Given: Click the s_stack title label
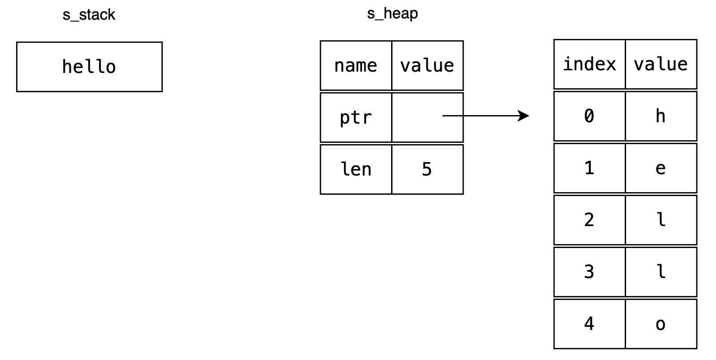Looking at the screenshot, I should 89,15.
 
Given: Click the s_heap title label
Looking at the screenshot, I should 392,13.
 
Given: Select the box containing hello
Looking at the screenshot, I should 89,67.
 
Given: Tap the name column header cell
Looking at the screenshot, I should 356,65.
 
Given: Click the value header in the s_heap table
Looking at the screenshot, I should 427,65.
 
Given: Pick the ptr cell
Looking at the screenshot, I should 356,117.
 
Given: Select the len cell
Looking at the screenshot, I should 356,169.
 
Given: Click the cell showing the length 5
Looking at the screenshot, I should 427,169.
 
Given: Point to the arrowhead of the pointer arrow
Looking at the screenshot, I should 524,116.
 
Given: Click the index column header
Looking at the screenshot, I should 589,64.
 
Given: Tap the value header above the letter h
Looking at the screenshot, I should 661,64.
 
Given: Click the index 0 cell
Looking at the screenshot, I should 589,116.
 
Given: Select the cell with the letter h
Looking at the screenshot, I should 661,116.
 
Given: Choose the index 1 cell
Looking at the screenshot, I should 589,168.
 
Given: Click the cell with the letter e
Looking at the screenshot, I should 661,168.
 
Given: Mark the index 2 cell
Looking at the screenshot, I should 589,220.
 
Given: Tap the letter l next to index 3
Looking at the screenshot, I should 661,272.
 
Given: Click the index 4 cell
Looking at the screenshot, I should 589,324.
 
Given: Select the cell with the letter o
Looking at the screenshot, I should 661,324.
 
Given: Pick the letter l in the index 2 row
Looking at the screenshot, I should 661,220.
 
